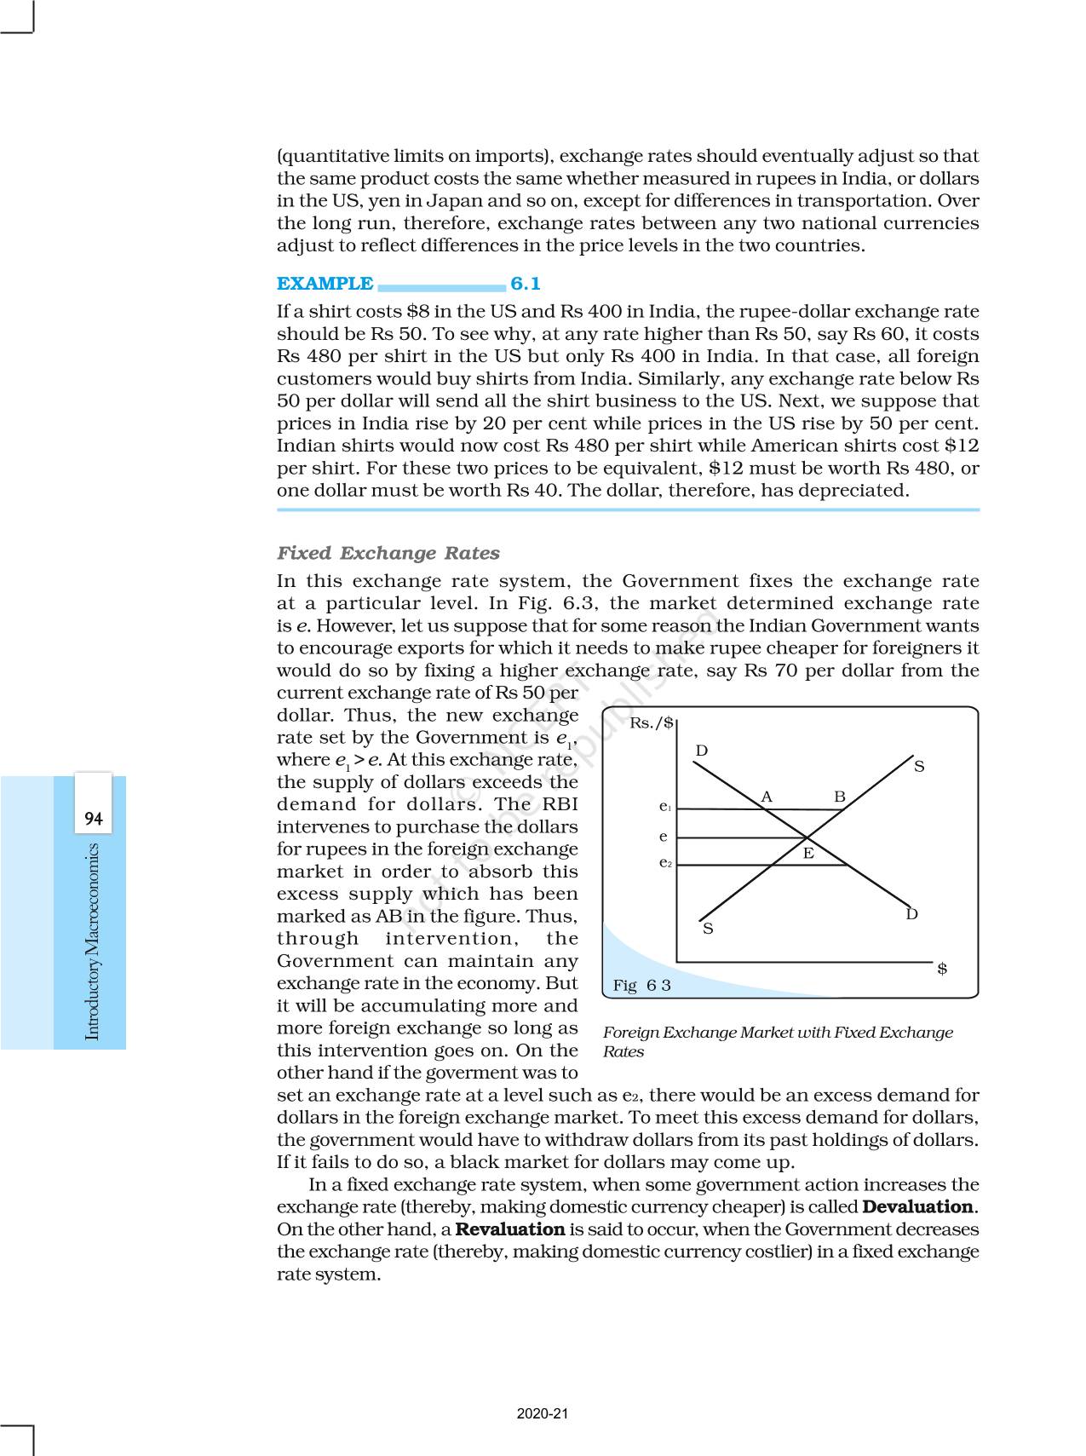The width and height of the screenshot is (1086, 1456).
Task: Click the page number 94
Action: pyautogui.click(x=94, y=820)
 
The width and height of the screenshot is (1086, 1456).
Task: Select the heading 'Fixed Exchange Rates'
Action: pyautogui.click(x=388, y=553)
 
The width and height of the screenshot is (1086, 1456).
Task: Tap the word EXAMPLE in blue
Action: pyautogui.click(x=325, y=284)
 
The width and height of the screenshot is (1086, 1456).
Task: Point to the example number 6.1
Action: pyautogui.click(x=526, y=284)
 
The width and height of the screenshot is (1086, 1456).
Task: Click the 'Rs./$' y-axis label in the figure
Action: pyautogui.click(x=652, y=723)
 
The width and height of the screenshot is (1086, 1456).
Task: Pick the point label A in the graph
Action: pyautogui.click(x=767, y=797)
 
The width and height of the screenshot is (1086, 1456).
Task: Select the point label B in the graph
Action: pyautogui.click(x=840, y=797)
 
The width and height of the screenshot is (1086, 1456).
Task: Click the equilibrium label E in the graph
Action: pyautogui.click(x=808, y=853)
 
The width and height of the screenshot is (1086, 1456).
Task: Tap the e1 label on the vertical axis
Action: pyautogui.click(x=665, y=806)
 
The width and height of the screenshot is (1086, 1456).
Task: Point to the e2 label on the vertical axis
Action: pyautogui.click(x=665, y=862)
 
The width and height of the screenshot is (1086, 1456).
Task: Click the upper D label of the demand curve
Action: pyautogui.click(x=702, y=751)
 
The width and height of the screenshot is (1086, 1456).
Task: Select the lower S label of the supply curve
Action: pyautogui.click(x=708, y=929)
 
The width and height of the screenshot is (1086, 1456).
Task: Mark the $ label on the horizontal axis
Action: pyautogui.click(x=942, y=969)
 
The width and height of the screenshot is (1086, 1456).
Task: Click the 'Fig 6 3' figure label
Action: pyautogui.click(x=642, y=986)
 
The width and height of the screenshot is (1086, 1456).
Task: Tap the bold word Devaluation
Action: pyautogui.click(x=918, y=1207)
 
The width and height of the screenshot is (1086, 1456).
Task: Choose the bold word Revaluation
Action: pyautogui.click(x=510, y=1229)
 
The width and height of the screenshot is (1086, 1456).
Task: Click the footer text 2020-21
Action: pyautogui.click(x=543, y=1413)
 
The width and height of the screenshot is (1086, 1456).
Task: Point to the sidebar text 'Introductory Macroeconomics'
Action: pyautogui.click(x=93, y=941)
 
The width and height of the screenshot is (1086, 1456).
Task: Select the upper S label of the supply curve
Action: pyautogui.click(x=919, y=767)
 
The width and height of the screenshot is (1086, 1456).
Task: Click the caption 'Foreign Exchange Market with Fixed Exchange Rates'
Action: pyautogui.click(x=777, y=1041)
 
